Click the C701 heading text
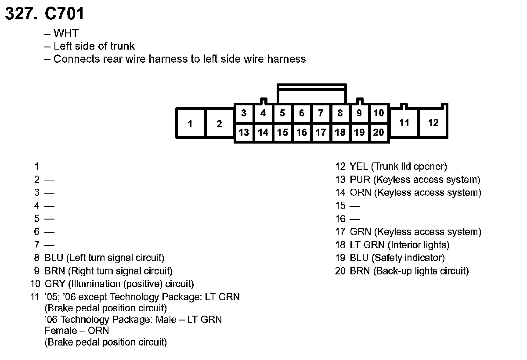pyautogui.click(x=64, y=14)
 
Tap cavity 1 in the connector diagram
pyautogui.click(x=190, y=124)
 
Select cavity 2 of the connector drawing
pyautogui.click(x=219, y=124)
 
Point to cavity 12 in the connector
pyautogui.click(x=433, y=123)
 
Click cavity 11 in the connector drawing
pyautogui.click(x=404, y=123)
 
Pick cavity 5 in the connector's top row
pyautogui.click(x=282, y=113)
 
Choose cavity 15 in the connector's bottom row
pyautogui.click(x=282, y=132)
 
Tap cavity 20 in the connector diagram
pyautogui.click(x=379, y=132)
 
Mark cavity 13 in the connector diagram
pyautogui.click(x=244, y=132)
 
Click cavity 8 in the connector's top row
pyautogui.click(x=340, y=113)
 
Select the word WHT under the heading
pyautogui.click(x=66, y=33)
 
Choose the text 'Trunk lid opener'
pyautogui.click(x=409, y=166)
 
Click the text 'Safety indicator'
pyautogui.click(x=408, y=258)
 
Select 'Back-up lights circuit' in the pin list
pyautogui.click(x=421, y=271)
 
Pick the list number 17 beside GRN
pyautogui.click(x=340, y=232)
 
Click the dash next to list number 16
pyautogui.click(x=355, y=219)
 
